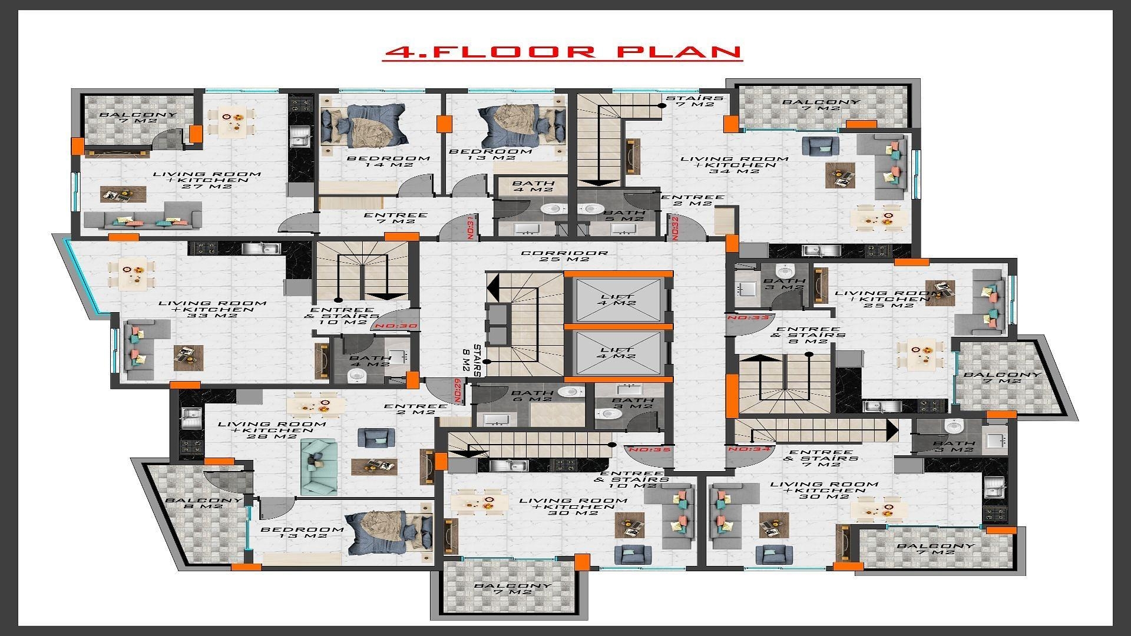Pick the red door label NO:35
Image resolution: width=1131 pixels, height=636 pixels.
(x=646, y=450)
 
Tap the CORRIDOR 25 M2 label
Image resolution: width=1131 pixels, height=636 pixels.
(x=564, y=256)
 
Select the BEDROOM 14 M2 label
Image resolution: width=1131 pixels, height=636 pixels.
(x=388, y=161)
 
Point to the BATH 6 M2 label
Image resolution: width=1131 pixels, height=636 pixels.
(x=532, y=396)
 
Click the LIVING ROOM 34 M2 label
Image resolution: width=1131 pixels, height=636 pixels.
(x=735, y=165)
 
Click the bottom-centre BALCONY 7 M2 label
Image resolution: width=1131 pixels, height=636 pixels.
(x=512, y=588)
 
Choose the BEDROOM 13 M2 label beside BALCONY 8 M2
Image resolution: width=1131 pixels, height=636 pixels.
(x=302, y=532)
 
